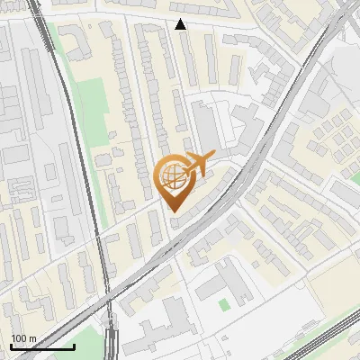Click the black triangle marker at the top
181,24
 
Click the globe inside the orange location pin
174,177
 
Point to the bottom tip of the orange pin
174,211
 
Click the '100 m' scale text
23,338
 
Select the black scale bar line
42,346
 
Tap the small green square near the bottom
223,304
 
